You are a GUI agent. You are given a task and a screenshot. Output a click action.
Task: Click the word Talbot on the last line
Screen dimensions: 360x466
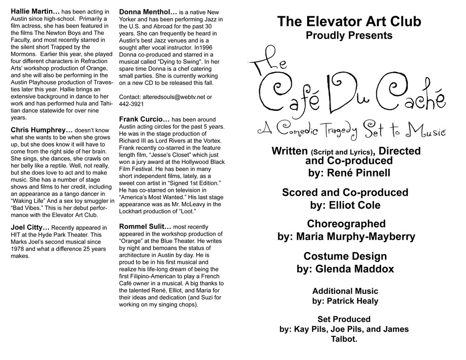coord(345,340)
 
